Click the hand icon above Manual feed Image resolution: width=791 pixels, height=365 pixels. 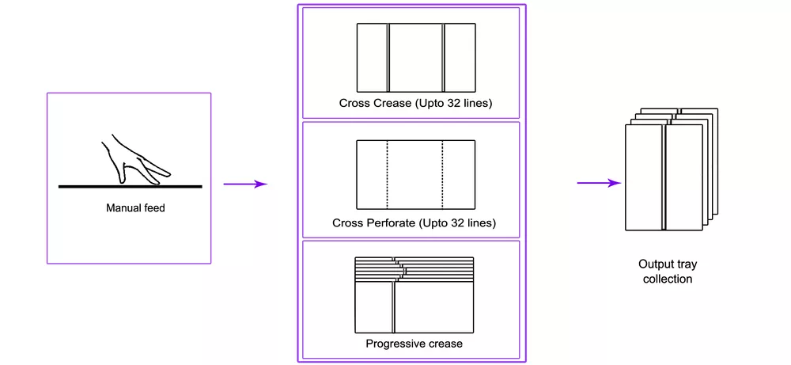point(134,161)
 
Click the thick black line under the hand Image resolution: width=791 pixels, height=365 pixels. point(130,187)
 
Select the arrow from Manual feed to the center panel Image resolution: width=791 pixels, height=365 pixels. point(245,184)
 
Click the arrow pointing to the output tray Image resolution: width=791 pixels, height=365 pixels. point(599,184)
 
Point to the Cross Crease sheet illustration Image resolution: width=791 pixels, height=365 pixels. point(415,57)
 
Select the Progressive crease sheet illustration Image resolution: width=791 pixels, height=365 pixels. point(415,295)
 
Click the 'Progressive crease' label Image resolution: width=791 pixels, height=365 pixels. point(414,344)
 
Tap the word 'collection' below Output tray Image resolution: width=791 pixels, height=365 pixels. point(666,279)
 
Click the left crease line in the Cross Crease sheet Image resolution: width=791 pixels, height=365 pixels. point(388,57)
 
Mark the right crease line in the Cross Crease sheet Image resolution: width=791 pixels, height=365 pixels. point(444,57)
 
